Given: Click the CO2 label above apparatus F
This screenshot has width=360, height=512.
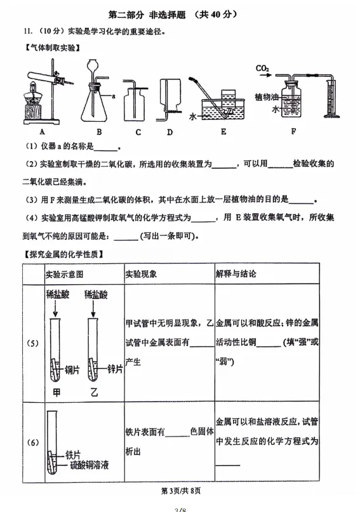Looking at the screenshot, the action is click(x=262, y=68).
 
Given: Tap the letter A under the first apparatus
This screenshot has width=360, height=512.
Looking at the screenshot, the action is click(x=41, y=132).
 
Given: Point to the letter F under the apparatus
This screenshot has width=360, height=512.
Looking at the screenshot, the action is click(x=293, y=132).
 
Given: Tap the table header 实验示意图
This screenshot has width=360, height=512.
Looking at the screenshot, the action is click(x=64, y=273).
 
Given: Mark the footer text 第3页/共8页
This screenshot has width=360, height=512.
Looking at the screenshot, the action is click(x=180, y=490).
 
